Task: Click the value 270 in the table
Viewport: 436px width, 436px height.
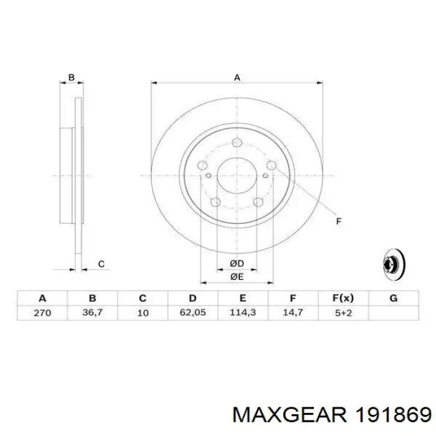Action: (42, 313)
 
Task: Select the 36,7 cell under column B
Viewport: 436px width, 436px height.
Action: (92, 313)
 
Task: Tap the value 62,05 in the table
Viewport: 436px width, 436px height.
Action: (192, 313)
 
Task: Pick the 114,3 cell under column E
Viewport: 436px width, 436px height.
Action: (243, 313)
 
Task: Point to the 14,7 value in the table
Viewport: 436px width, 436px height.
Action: (293, 313)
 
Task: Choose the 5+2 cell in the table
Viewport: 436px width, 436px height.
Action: (343, 313)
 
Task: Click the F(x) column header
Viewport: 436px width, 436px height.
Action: (343, 298)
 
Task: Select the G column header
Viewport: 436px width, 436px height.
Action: (394, 298)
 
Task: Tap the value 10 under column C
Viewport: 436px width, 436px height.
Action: (143, 313)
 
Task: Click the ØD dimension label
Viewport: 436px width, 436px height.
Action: (237, 263)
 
